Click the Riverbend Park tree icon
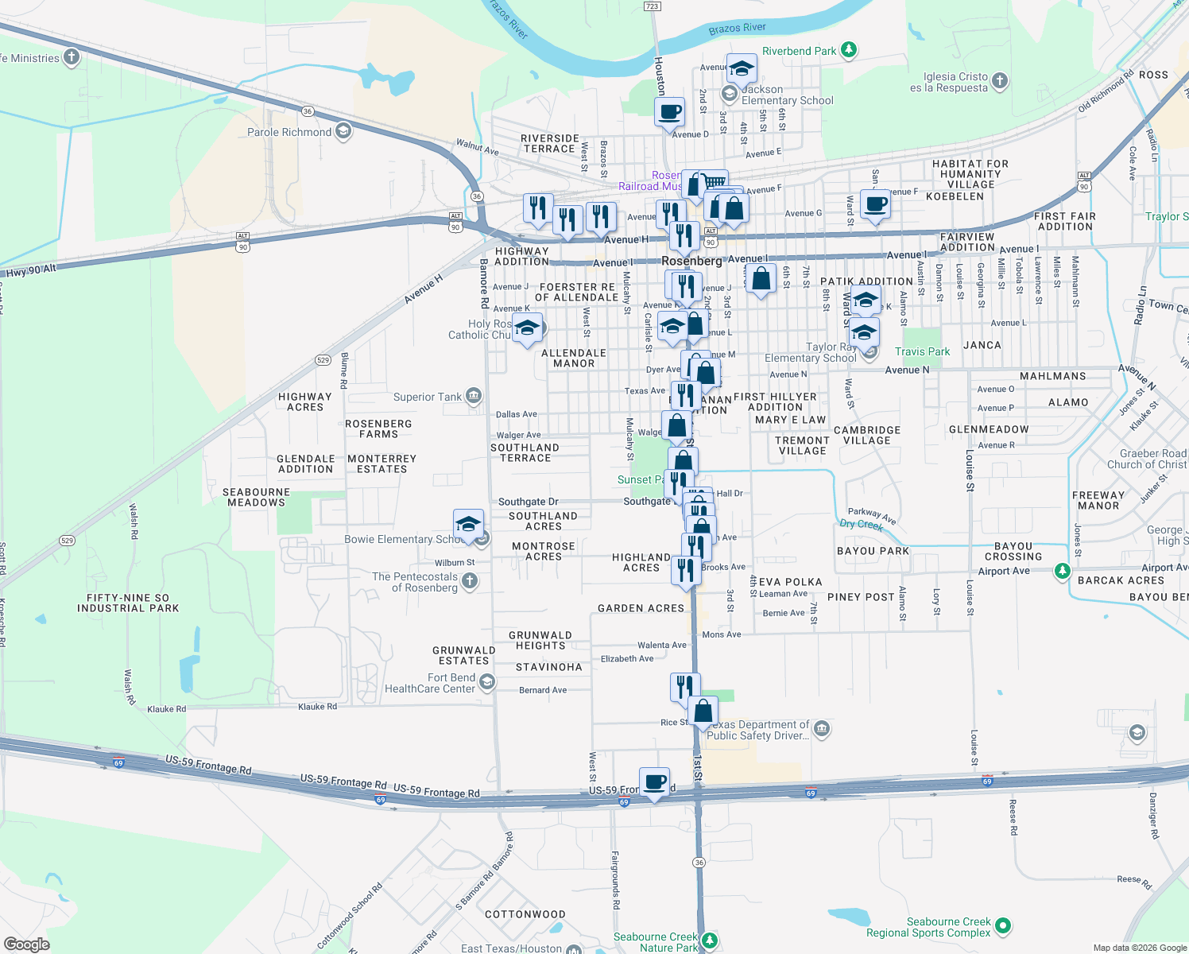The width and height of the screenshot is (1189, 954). pyautogui.click(x=849, y=51)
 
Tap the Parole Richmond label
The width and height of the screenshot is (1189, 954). pyautogui.click(x=289, y=132)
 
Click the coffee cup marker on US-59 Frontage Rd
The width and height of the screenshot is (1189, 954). pyautogui.click(x=654, y=783)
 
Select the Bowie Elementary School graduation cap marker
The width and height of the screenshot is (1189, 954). pyautogui.click(x=468, y=525)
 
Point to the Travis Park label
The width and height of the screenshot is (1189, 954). pyautogui.click(x=922, y=351)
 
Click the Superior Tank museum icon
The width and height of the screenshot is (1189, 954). pyautogui.click(x=474, y=396)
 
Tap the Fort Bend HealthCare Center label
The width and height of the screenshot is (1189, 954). pyautogui.click(x=430, y=684)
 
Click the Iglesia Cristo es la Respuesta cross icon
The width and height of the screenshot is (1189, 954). pyautogui.click(x=1000, y=80)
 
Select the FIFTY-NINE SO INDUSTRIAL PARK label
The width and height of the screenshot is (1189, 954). pyautogui.click(x=128, y=603)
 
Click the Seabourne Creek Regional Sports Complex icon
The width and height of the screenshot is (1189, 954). pyautogui.click(x=1003, y=925)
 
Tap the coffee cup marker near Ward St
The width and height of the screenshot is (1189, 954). pyautogui.click(x=875, y=205)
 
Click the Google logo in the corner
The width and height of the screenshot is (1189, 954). pyautogui.click(x=26, y=944)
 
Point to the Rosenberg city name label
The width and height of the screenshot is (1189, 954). pyautogui.click(x=691, y=261)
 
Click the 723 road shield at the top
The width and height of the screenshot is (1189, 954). pyautogui.click(x=652, y=6)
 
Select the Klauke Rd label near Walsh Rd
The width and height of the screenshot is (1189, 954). pyautogui.click(x=166, y=709)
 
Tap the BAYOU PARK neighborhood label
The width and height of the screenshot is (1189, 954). pyautogui.click(x=873, y=551)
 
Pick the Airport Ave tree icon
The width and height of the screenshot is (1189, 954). pyautogui.click(x=1062, y=571)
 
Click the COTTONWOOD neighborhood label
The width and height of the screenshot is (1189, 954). pyautogui.click(x=525, y=914)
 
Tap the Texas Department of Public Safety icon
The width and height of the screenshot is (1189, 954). pyautogui.click(x=822, y=728)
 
